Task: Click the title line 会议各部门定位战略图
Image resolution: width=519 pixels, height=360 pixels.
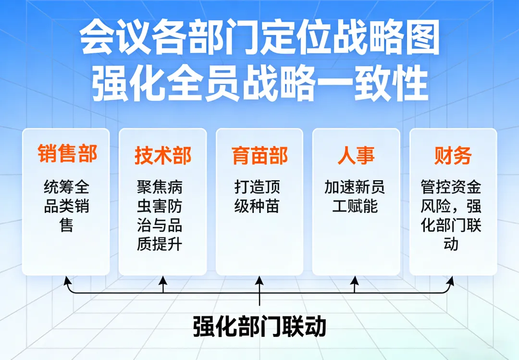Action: click(x=259, y=39)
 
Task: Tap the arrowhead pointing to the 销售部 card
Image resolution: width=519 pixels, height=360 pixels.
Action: click(x=67, y=280)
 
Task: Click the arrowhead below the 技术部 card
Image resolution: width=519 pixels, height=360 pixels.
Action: click(x=163, y=279)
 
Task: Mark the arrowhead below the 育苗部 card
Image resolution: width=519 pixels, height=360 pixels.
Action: click(x=259, y=279)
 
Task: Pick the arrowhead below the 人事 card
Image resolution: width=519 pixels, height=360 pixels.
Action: click(x=355, y=279)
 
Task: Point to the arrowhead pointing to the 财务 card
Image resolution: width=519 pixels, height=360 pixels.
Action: click(x=451, y=280)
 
